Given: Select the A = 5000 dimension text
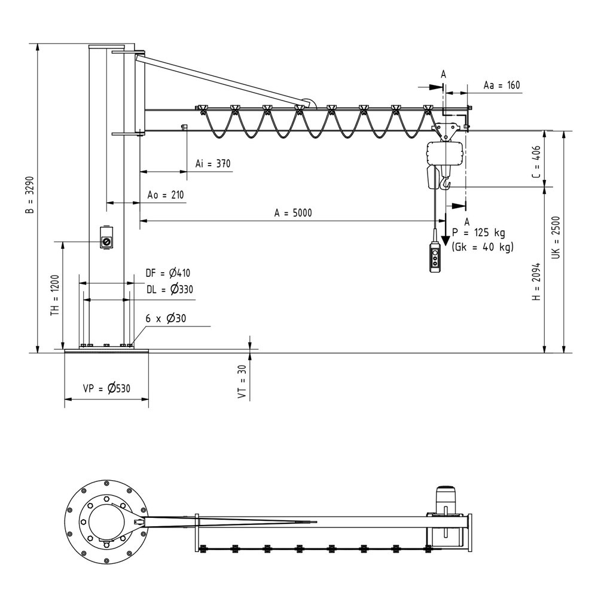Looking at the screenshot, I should [x=293, y=212].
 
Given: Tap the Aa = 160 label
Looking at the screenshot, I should [x=502, y=86].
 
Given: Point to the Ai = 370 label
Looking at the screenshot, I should [x=213, y=163].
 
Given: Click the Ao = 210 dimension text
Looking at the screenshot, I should [x=166, y=195].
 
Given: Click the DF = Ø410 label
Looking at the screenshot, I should [x=167, y=274].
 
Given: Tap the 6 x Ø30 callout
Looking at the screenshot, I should [x=166, y=319].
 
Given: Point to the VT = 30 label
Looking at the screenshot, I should [x=242, y=382].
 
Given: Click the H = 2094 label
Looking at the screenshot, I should [x=536, y=281].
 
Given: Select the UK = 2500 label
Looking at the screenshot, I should [x=556, y=237].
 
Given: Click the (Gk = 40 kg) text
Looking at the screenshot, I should [x=483, y=246].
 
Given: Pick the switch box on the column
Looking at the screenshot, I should [x=107, y=239].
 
